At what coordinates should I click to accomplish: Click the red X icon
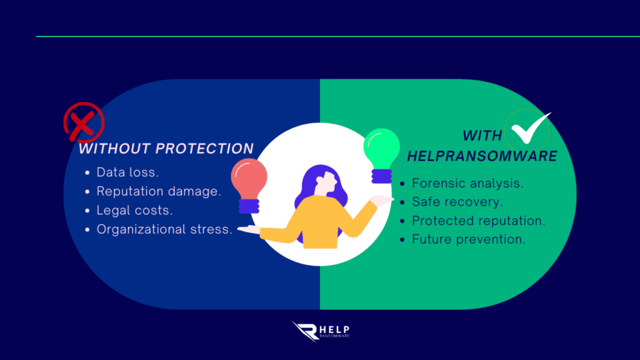coord(84,122)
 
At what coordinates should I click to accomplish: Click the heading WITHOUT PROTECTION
coord(166,149)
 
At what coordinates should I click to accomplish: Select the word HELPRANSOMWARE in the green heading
coord(482,156)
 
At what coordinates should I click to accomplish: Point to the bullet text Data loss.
coord(127,172)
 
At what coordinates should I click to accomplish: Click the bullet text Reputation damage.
coord(159,191)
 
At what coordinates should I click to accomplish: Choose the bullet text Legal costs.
coord(135,210)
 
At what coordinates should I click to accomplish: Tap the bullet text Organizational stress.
coord(164,229)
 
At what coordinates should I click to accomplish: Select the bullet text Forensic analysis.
coord(467,183)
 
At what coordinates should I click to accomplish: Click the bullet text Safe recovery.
coord(457,202)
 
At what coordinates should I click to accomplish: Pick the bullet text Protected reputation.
coord(479,221)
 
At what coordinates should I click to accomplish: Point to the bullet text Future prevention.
coord(469,239)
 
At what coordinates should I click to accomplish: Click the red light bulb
coord(249,186)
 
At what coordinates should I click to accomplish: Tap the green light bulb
coord(381,156)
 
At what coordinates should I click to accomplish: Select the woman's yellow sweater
coord(318,222)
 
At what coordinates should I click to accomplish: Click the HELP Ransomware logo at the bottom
coord(321,331)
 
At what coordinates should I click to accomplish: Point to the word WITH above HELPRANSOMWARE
coord(482,136)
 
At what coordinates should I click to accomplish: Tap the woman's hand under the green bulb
coord(381,201)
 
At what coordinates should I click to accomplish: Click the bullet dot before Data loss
coord(87,172)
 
